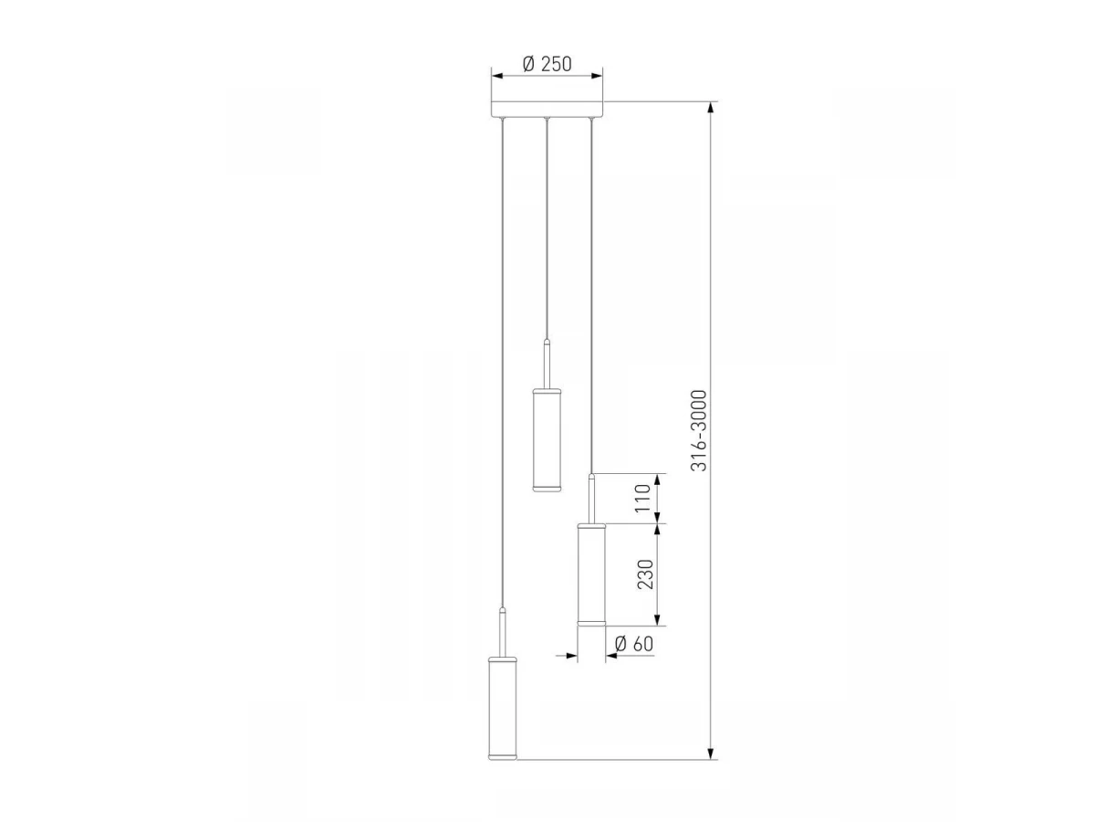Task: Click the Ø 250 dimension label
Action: pos(547,64)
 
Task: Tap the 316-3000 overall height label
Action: pos(699,431)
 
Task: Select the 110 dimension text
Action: pos(642,498)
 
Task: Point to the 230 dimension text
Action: pos(644,574)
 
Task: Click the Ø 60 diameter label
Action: pos(633,644)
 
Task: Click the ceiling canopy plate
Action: pos(547,110)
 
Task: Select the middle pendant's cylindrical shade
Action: pos(547,439)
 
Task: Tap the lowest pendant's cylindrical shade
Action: pos(503,715)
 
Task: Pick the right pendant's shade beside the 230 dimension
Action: pos(591,574)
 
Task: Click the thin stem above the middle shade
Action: pos(547,364)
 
